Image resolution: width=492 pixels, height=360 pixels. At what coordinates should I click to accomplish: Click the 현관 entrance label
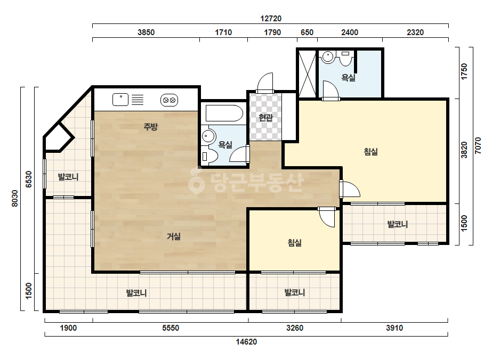coord(265,118)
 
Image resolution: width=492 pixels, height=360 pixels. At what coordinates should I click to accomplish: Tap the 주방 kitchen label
coord(150,127)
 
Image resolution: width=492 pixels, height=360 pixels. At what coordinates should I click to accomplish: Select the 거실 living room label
coord(174,236)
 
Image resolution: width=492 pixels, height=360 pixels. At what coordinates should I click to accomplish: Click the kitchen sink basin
coord(120,100)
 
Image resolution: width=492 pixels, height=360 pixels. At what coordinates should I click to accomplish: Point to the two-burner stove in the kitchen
coord(169,100)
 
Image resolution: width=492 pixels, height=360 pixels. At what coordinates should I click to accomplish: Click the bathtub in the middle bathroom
coord(224,113)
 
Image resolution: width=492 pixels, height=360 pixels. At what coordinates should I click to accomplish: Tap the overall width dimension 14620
coord(246,342)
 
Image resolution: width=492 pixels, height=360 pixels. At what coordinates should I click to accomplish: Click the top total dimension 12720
coord(271,19)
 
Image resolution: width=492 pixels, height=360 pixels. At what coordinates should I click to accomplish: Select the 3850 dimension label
coord(146,32)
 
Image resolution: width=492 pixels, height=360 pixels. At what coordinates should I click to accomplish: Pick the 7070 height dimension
coord(478,145)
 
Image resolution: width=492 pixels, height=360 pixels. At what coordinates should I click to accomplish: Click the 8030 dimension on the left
coord(14,199)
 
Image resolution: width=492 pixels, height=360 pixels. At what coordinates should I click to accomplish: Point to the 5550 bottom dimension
coord(171,328)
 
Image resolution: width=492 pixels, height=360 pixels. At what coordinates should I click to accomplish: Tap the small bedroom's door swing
coord(326,218)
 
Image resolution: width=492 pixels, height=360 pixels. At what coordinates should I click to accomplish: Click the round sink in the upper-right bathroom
coord(328,57)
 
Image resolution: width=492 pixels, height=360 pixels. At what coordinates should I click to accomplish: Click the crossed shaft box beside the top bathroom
coord(307,73)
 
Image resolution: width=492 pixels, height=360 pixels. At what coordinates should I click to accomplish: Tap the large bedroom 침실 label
coord(370,152)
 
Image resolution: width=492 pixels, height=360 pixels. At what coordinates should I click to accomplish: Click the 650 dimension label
coord(307,32)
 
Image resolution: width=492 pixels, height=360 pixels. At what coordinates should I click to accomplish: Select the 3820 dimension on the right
coord(464,150)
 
